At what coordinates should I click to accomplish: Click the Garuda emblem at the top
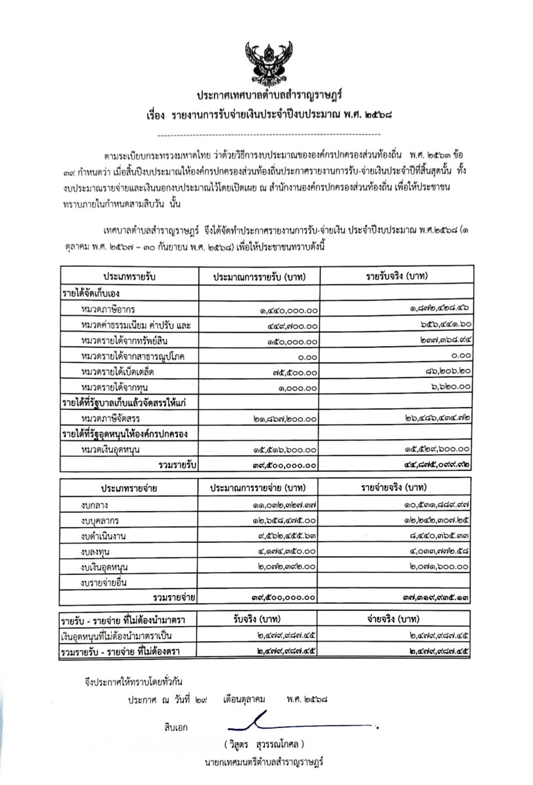click(x=266, y=62)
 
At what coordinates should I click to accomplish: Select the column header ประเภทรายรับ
click(x=128, y=275)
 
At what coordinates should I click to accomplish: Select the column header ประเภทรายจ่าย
click(x=128, y=488)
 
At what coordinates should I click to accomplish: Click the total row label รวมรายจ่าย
click(x=174, y=597)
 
